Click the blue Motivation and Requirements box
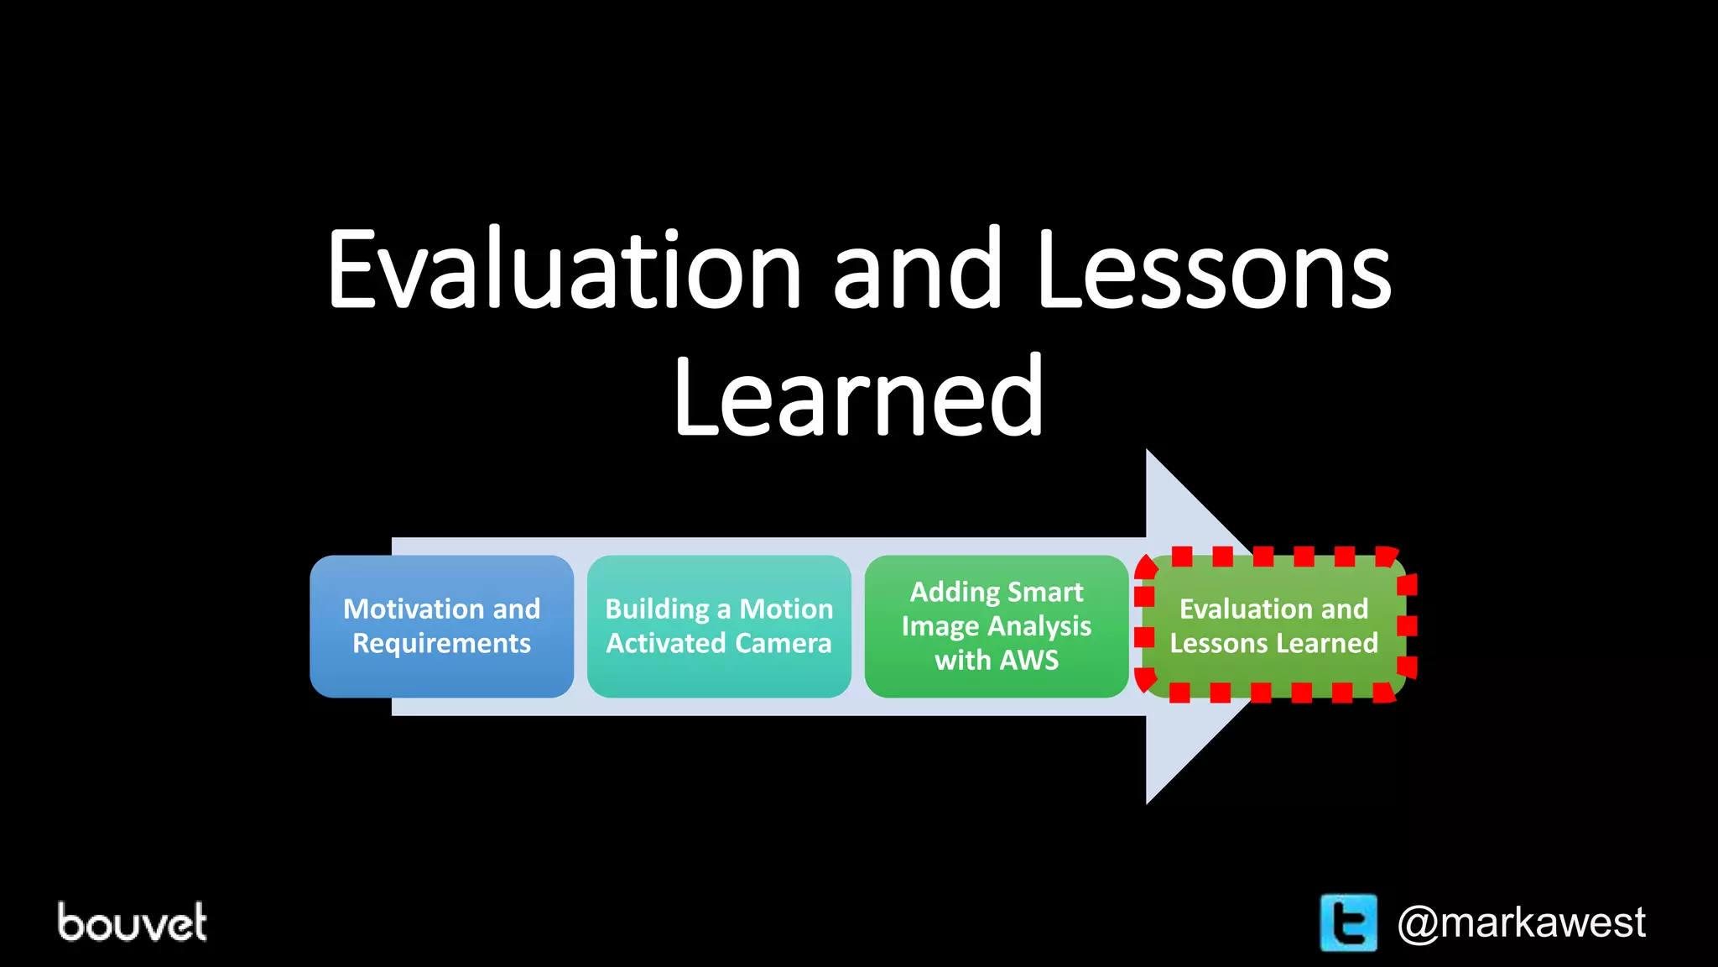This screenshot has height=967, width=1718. (x=441, y=626)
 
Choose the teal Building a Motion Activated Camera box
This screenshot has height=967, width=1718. (x=719, y=626)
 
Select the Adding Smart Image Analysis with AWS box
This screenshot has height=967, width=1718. (x=997, y=626)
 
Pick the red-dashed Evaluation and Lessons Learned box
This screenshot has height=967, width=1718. (x=1274, y=626)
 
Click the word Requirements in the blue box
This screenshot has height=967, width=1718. (x=441, y=644)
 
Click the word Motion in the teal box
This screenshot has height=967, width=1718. (x=786, y=609)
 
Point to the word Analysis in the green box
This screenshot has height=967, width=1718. (x=1039, y=626)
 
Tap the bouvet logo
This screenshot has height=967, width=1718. (x=132, y=923)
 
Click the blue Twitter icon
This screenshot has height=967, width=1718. (x=1348, y=923)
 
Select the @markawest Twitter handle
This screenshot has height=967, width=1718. (x=1521, y=923)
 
